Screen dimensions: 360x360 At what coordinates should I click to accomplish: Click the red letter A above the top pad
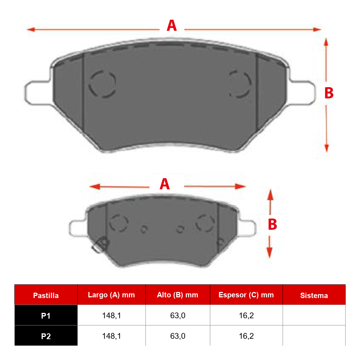tap(172, 25)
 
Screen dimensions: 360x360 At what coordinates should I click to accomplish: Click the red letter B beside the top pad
tap(329, 93)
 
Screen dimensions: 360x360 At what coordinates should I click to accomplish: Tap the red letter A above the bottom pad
tap(165, 184)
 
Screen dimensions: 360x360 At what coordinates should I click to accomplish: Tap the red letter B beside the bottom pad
tap(273, 224)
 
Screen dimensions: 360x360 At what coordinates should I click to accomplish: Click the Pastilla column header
tap(46, 296)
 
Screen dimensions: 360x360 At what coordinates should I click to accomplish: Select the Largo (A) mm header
tap(111, 295)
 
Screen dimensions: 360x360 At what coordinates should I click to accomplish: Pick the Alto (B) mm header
tap(177, 295)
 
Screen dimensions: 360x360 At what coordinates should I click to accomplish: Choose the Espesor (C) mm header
tap(246, 295)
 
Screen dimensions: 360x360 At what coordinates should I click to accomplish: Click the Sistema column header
tap(314, 296)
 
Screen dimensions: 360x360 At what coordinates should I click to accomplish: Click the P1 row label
tap(46, 316)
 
